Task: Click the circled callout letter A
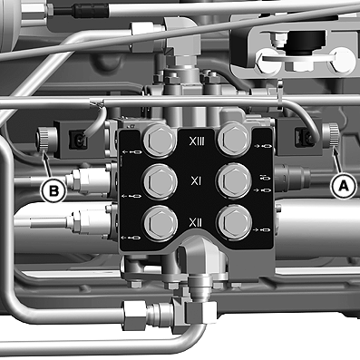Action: (343, 187)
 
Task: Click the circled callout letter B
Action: (54, 191)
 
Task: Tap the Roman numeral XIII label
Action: (197, 141)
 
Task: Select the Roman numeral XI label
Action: (196, 181)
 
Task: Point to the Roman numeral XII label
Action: (196, 223)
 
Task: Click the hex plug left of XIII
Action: (160, 140)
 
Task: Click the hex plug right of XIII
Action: (234, 140)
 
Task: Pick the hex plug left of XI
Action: (160, 181)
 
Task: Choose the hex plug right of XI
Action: (234, 180)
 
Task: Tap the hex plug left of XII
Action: (160, 223)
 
